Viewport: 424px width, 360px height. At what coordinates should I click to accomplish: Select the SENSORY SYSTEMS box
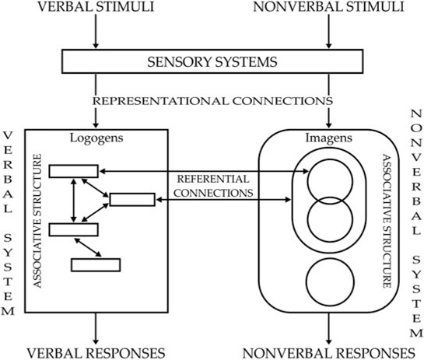211,60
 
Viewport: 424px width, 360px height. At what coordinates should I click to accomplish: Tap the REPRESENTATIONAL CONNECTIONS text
211,101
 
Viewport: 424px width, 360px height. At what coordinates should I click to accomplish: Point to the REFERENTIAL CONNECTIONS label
212,184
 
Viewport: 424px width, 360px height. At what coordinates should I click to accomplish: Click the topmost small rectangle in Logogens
73,170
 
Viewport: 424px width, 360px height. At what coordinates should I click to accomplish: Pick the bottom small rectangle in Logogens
96,264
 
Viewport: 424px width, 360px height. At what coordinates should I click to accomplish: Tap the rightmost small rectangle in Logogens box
132,200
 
